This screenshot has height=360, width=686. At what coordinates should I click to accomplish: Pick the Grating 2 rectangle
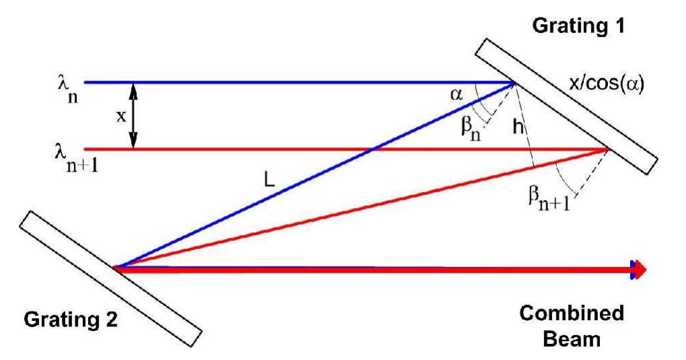[x=111, y=276]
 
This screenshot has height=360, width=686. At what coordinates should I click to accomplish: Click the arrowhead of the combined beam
[x=638, y=270]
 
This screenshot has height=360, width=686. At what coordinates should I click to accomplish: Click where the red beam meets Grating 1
[x=609, y=149]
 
